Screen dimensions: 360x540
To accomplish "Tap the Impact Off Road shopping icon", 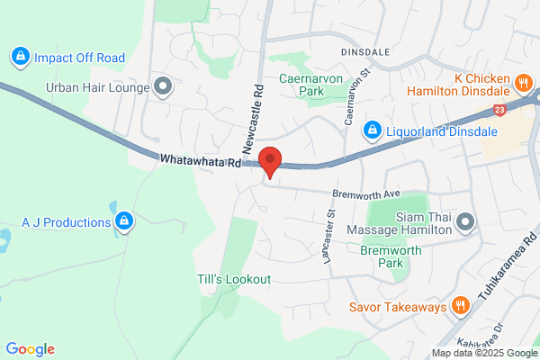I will tap(19, 58).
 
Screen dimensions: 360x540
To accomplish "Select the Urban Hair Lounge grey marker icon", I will tap(163, 87).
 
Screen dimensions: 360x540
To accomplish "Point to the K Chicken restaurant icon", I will tap(523, 85).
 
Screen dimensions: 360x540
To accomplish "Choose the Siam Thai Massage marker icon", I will tap(464, 221).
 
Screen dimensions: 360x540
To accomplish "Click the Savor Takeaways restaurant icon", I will tap(461, 307).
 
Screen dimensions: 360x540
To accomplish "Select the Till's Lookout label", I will tap(234, 279).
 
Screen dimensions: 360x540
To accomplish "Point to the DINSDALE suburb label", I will tap(365, 52).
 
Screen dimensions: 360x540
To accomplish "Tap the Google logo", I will tap(30, 349).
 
